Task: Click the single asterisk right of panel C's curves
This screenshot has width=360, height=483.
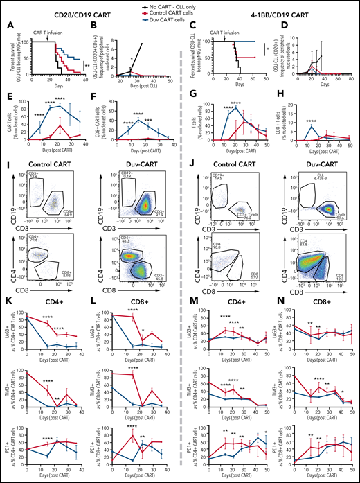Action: pos(269,50)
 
